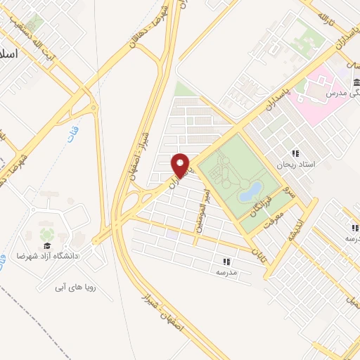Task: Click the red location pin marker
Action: [181, 165]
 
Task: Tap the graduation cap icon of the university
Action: [47, 245]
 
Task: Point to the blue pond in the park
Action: [251, 190]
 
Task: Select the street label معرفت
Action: [271, 221]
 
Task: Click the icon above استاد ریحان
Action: [295, 153]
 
